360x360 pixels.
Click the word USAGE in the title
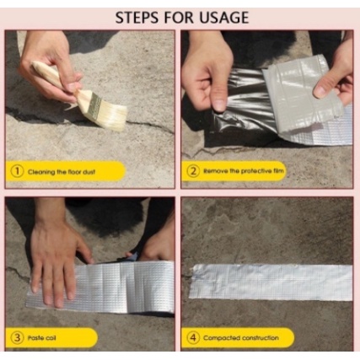[224, 18]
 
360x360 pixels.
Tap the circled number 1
[17, 171]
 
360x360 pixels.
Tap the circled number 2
[193, 171]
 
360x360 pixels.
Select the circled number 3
[17, 337]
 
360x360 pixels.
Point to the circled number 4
[193, 337]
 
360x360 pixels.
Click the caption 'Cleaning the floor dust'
[62, 171]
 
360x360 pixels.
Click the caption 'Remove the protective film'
[244, 171]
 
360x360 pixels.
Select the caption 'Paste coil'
[41, 338]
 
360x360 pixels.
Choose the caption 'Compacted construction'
[241, 338]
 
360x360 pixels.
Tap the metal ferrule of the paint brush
[94, 105]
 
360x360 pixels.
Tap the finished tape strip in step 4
[271, 282]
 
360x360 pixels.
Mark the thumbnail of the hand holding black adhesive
[219, 104]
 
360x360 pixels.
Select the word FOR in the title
[180, 18]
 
